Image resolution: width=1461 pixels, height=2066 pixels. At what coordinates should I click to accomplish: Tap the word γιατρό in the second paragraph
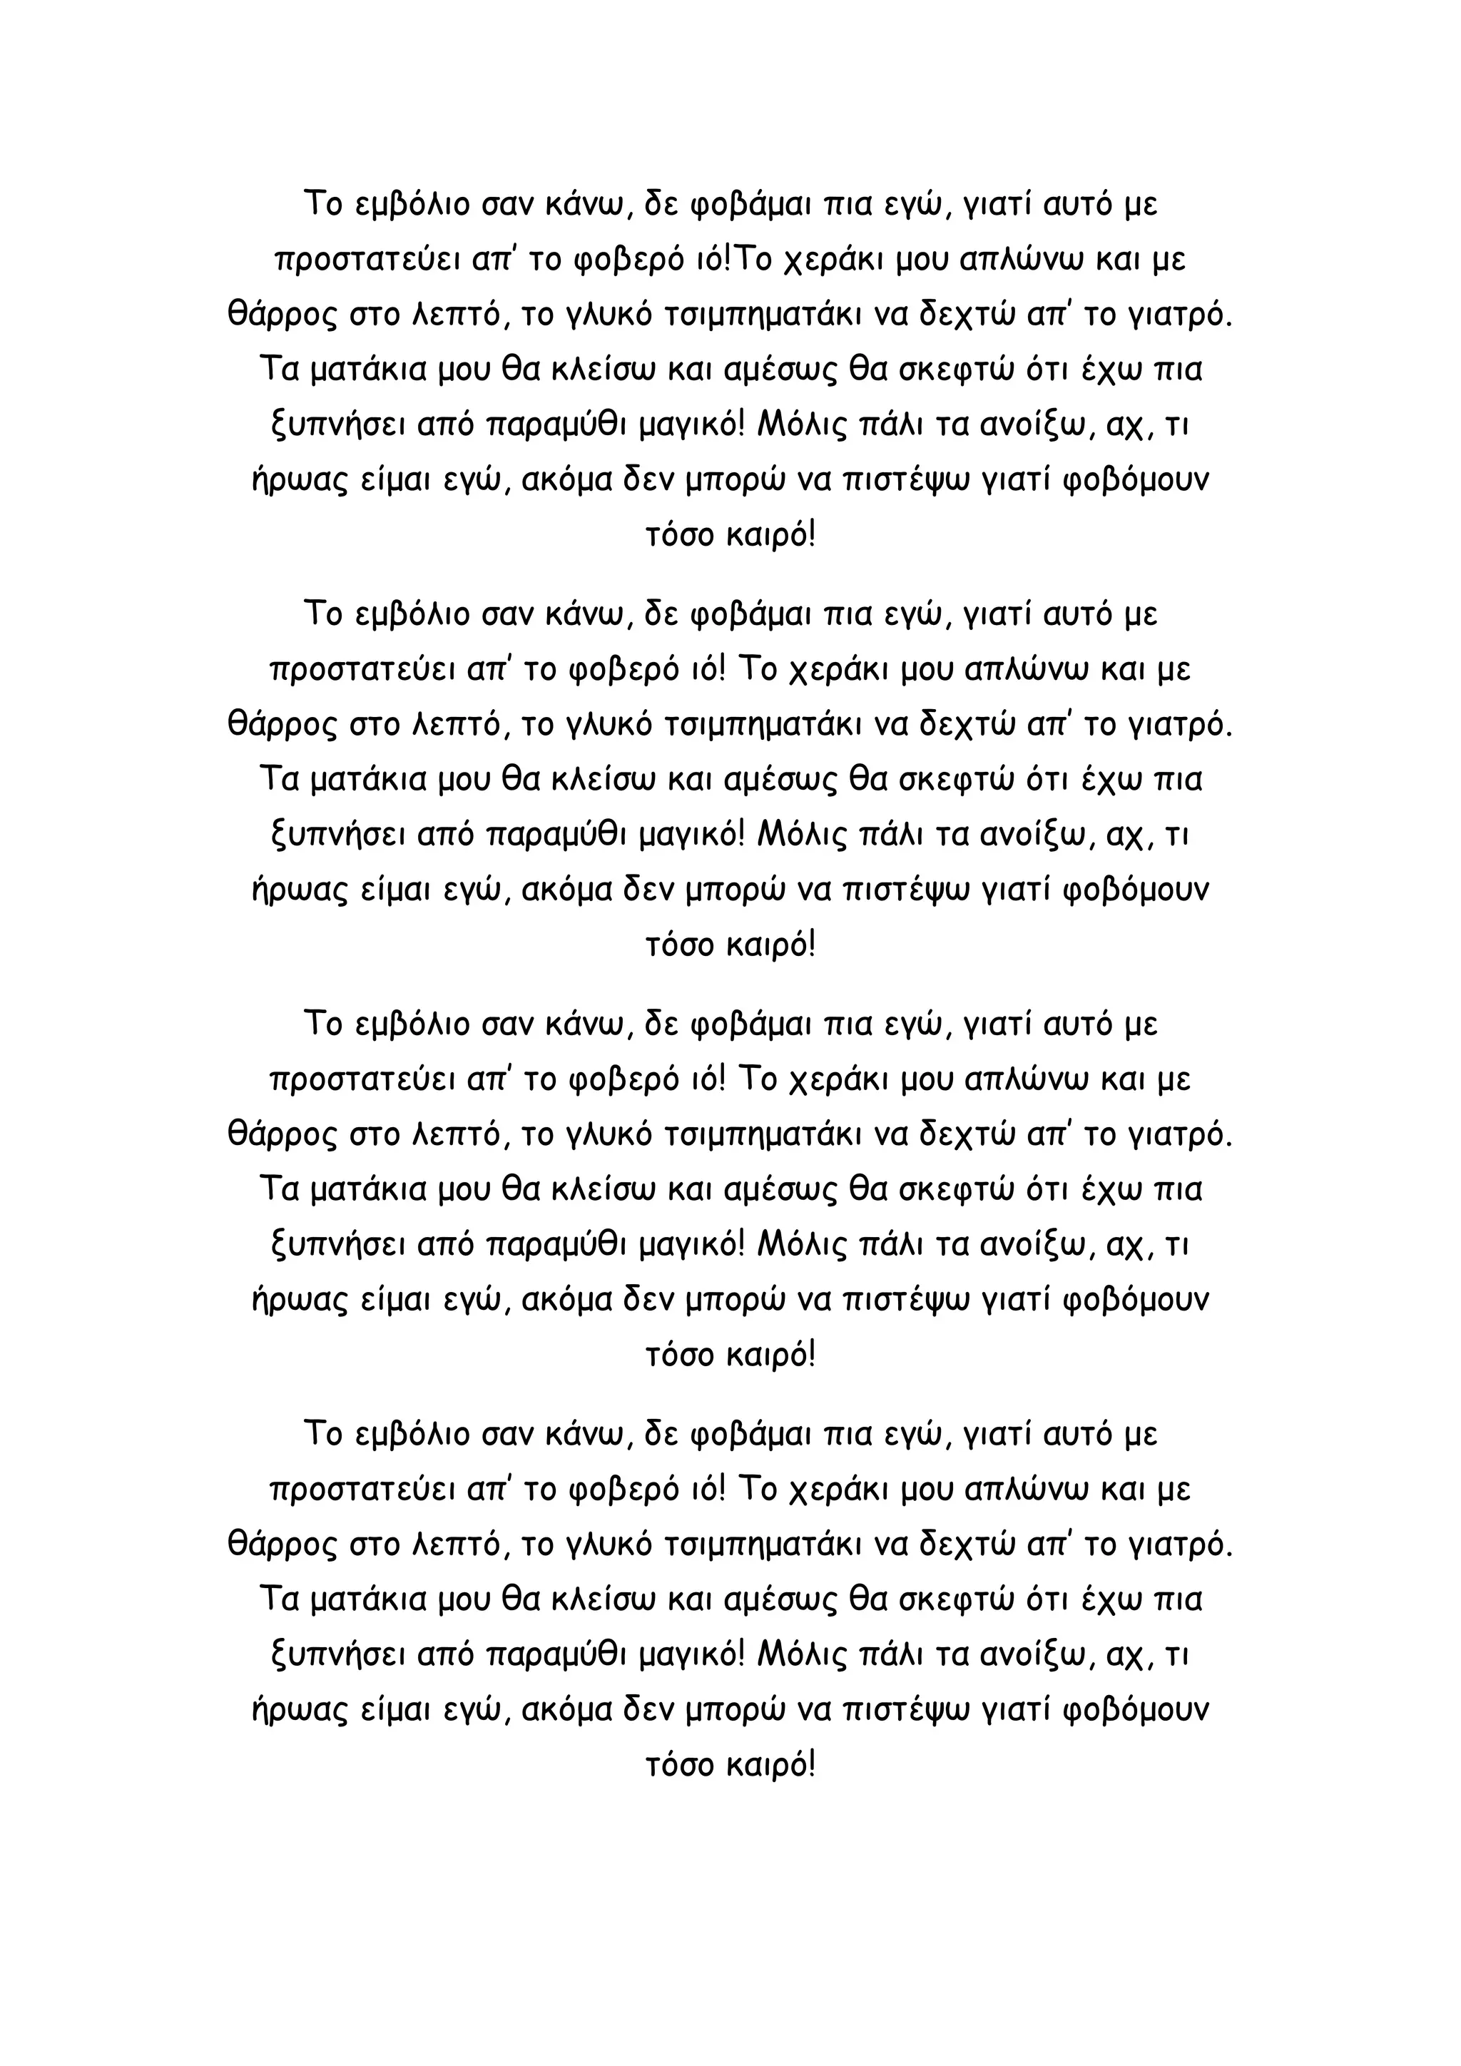click(x=1179, y=726)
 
